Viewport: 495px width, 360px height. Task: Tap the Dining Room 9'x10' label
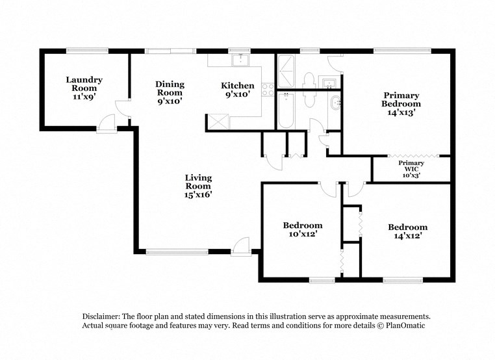170,92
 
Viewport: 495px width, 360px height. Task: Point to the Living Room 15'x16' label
198,185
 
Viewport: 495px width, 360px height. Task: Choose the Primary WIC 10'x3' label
411,168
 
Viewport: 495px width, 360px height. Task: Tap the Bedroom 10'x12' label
302,229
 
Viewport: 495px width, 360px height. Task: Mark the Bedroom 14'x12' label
407,231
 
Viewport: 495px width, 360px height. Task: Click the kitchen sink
241,60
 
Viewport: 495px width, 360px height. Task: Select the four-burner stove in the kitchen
266,90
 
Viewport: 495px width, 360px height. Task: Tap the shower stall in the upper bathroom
285,71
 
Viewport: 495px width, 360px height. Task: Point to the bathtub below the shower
286,111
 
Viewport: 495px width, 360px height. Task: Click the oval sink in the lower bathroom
335,103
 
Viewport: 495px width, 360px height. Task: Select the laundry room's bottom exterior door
105,122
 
